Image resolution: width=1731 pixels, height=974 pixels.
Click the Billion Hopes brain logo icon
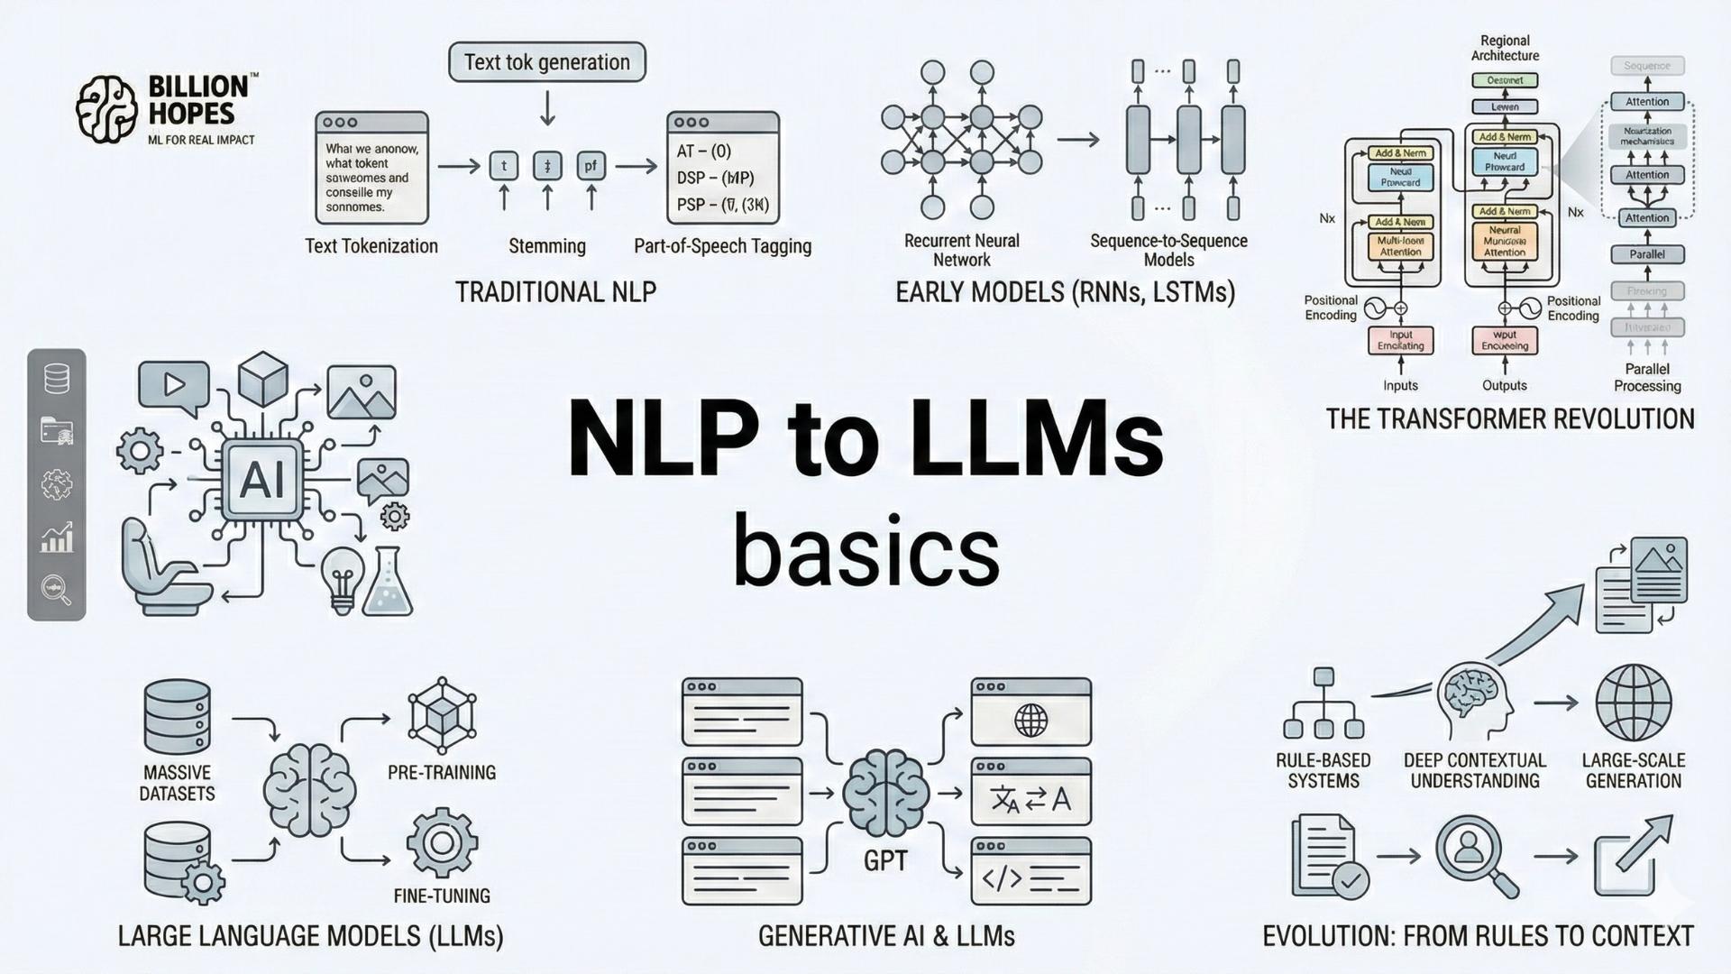click(x=105, y=109)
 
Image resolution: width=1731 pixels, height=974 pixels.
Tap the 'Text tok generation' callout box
click(x=546, y=62)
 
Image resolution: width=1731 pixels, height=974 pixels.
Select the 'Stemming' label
click(x=546, y=246)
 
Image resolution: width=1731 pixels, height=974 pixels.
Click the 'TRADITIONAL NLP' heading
click(x=555, y=292)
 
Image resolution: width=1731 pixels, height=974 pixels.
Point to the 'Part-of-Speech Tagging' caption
click(x=722, y=246)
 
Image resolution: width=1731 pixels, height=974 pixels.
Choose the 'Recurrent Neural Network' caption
click(x=961, y=250)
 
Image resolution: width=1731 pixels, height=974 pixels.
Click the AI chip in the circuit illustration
click(x=261, y=480)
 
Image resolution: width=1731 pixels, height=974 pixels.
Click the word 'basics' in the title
click(x=865, y=551)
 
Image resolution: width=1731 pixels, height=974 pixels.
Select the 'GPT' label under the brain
click(x=885, y=860)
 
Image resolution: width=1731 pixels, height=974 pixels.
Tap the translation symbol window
click(x=1030, y=798)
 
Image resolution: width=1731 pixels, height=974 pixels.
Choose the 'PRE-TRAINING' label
click(x=442, y=773)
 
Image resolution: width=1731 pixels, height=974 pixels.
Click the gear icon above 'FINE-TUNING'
click(x=441, y=842)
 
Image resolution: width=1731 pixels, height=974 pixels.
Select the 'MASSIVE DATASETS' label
click(x=178, y=783)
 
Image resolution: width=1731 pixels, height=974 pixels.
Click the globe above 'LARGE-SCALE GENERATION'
click(x=1633, y=703)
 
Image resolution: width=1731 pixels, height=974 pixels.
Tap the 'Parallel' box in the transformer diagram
click(x=1647, y=254)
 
